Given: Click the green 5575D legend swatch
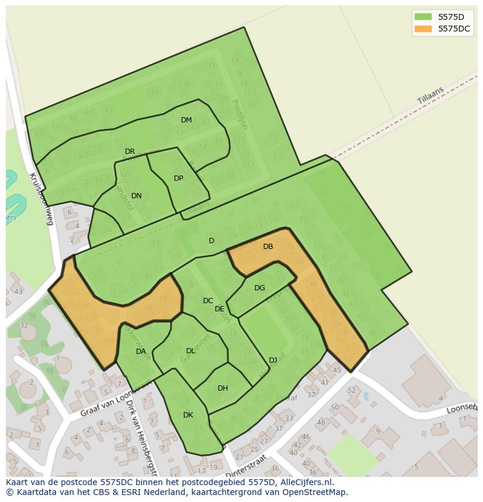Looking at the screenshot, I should click(x=423, y=16).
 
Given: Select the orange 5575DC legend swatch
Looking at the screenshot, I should click(x=423, y=29).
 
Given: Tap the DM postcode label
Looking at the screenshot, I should click(x=186, y=120).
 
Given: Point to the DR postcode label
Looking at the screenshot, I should click(x=129, y=152).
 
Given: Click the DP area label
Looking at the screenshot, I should click(x=178, y=178).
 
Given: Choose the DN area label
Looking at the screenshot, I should click(x=136, y=196).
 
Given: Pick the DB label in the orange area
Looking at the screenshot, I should click(x=268, y=247).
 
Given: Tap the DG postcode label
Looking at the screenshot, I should click(x=260, y=288).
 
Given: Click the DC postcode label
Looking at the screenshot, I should click(x=208, y=301).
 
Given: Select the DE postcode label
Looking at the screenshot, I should click(x=219, y=309).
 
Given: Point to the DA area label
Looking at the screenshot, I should click(x=141, y=352).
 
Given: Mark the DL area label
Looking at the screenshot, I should click(x=190, y=351).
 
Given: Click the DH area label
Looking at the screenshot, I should click(x=222, y=388).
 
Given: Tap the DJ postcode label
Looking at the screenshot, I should click(x=273, y=360).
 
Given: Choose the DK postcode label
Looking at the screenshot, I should click(x=188, y=415).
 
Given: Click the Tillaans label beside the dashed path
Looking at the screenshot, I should click(x=430, y=96).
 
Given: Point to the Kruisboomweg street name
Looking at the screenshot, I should click(x=41, y=199).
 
